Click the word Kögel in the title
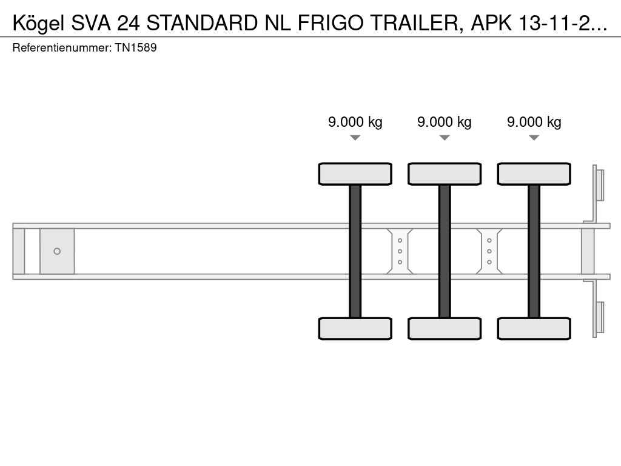(38, 24)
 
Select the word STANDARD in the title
(202, 24)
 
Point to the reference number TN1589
(136, 48)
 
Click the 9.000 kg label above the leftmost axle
(355, 122)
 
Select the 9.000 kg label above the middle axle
(445, 122)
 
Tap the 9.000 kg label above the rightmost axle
(534, 122)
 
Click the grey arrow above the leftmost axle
(355, 138)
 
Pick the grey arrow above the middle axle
(445, 138)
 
